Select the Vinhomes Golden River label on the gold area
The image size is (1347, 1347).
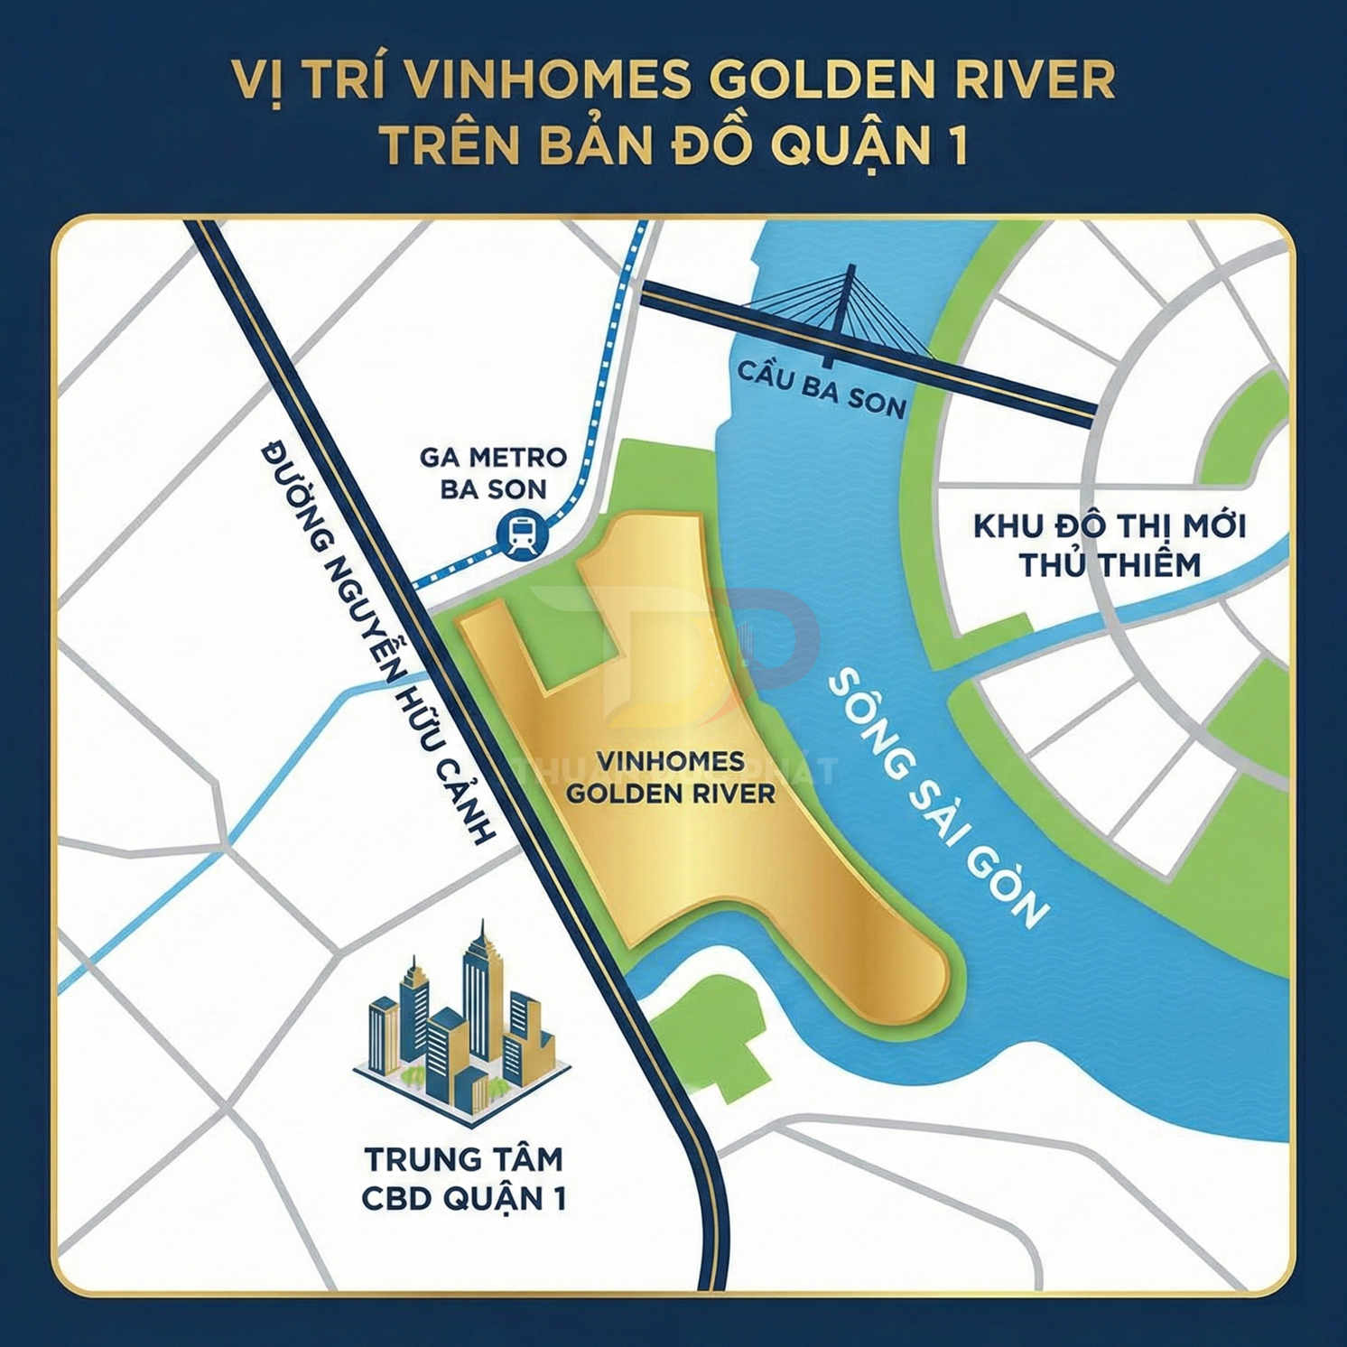(x=670, y=777)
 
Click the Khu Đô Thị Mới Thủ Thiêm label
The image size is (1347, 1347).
(x=1110, y=545)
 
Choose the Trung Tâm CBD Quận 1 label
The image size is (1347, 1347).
(x=463, y=1178)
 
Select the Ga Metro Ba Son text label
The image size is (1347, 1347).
(x=493, y=473)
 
